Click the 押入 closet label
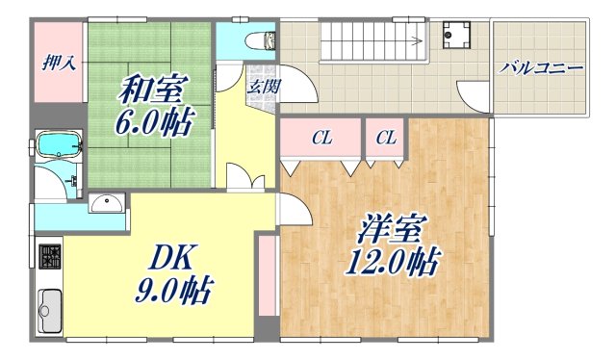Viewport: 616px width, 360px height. tap(60, 64)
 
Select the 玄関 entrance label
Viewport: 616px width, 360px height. tap(263, 85)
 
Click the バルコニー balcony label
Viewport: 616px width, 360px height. tap(541, 69)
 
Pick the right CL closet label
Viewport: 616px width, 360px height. tap(386, 139)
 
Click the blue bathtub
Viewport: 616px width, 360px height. tap(59, 146)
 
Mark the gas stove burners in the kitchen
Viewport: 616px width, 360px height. tap(49, 258)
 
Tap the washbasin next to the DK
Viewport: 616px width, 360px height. tap(105, 202)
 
